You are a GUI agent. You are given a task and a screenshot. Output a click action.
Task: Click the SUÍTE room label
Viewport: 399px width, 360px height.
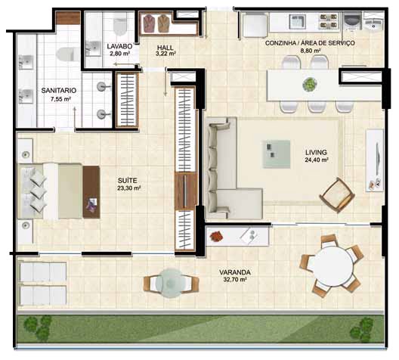point(127,181)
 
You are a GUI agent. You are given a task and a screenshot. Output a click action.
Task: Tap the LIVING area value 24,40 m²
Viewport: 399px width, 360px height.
point(317,160)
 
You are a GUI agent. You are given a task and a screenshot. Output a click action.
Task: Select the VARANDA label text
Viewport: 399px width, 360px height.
point(235,272)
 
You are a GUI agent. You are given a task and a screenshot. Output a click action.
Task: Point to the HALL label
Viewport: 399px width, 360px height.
point(165,48)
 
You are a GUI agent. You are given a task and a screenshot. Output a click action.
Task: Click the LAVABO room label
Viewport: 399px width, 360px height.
point(119,46)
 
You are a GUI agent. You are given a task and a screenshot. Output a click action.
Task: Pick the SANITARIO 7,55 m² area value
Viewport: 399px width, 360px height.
point(60,99)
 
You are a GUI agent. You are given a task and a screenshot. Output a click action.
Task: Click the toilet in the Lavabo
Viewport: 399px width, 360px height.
point(120,23)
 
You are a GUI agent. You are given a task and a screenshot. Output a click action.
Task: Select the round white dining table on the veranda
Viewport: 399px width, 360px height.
point(332,267)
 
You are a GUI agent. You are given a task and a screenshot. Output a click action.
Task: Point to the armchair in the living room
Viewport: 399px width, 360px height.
point(338,195)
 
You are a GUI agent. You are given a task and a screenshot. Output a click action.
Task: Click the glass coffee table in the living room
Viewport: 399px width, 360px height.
point(277,154)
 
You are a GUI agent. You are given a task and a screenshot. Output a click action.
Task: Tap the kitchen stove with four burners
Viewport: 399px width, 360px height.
point(329,21)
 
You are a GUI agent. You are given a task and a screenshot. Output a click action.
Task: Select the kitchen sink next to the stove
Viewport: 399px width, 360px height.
point(297,21)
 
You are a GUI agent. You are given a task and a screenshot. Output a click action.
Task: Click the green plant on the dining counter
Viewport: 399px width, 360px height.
point(310,85)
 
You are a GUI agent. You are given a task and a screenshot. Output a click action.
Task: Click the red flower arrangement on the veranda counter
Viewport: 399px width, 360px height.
point(216,236)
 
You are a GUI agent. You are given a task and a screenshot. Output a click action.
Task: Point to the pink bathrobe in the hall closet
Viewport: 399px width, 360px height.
point(149,23)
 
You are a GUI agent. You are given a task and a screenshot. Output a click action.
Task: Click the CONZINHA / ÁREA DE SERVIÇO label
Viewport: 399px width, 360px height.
point(310,43)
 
